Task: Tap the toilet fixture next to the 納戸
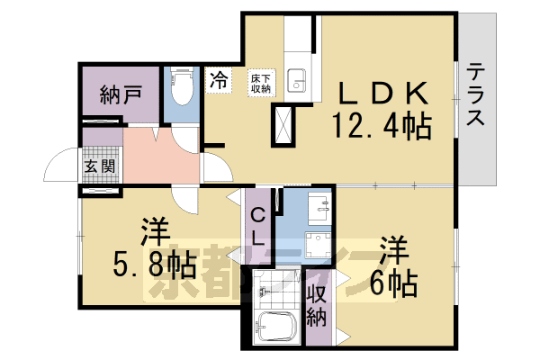180,90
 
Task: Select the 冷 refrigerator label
219,80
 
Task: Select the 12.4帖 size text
382,126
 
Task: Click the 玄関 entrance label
98,166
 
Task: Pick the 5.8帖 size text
156,264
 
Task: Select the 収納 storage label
318,306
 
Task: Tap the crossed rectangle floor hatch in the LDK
283,125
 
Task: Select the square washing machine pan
319,248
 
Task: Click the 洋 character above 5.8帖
155,233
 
